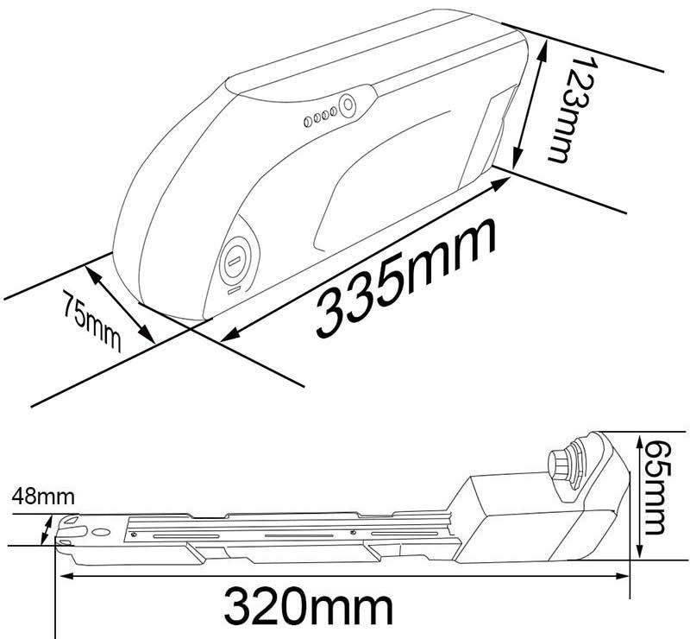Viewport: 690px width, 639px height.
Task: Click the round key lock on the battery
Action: pyautogui.click(x=234, y=261)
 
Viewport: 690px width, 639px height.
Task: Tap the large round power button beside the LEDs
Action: pyautogui.click(x=347, y=104)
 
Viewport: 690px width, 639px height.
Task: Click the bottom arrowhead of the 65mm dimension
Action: pyautogui.click(x=638, y=554)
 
